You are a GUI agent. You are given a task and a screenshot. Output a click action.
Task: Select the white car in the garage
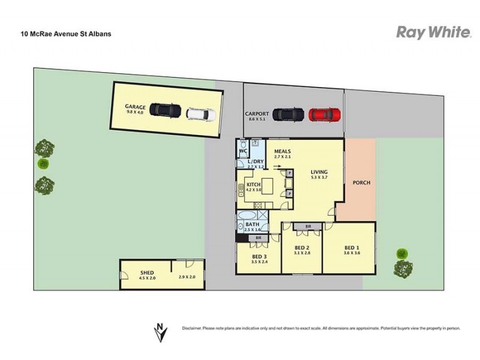click(x=199, y=113)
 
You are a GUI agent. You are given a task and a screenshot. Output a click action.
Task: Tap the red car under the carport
click(x=325, y=114)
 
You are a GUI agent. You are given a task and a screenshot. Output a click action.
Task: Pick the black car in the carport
click(x=288, y=114)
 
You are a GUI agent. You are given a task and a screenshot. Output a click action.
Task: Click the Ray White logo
click(x=433, y=32)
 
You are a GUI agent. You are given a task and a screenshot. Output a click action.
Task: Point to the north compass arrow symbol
click(x=159, y=331)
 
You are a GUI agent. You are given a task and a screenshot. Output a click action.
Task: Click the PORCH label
click(x=361, y=182)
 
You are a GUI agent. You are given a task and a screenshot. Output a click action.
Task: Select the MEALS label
click(x=282, y=151)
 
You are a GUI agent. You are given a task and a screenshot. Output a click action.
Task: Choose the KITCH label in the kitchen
click(x=253, y=184)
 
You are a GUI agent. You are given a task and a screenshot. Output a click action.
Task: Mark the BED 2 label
click(x=302, y=247)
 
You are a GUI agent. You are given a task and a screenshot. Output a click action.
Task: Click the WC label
click(x=242, y=151)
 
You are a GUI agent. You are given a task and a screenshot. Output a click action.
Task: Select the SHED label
click(x=147, y=272)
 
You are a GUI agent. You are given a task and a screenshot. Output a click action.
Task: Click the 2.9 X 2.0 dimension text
click(x=188, y=277)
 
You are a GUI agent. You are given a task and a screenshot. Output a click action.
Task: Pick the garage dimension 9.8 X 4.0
click(x=135, y=112)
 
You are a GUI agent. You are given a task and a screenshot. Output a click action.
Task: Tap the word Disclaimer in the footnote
click(x=192, y=328)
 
